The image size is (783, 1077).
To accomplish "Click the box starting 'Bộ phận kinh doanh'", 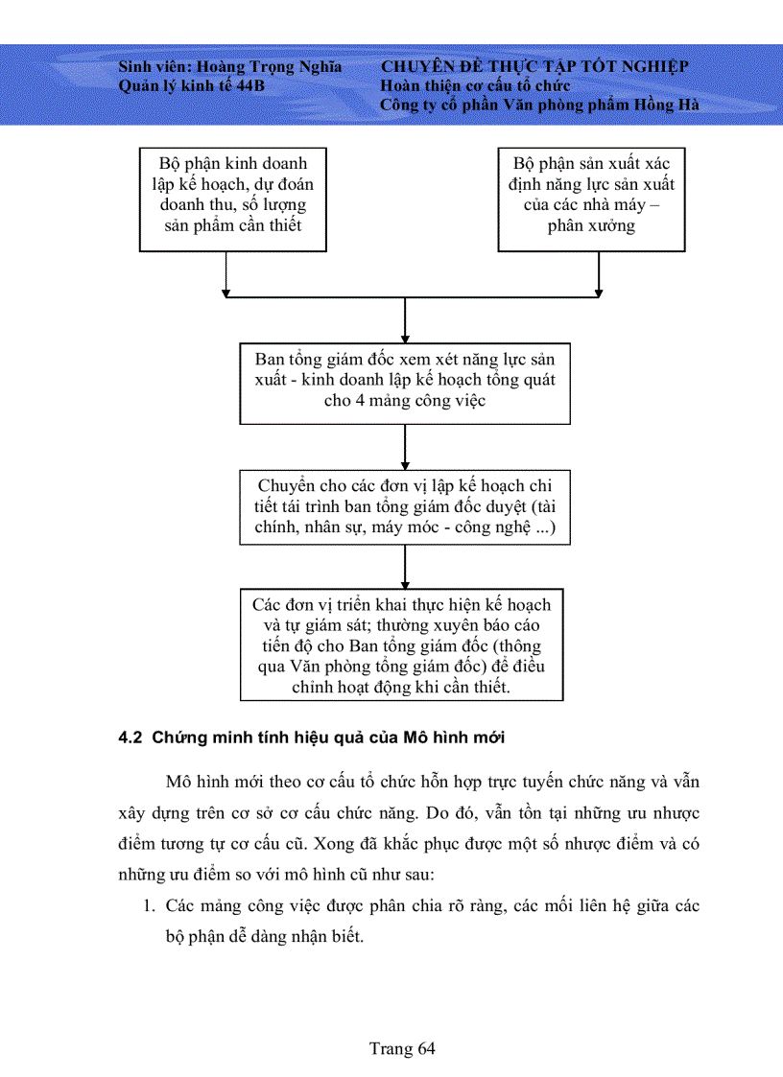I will [233, 199].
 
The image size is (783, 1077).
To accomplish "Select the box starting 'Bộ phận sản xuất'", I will [591, 199].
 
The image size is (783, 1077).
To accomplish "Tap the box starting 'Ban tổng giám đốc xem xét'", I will [405, 382].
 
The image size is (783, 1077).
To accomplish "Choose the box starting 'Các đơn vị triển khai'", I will [401, 646].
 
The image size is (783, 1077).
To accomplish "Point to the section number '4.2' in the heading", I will [130, 738].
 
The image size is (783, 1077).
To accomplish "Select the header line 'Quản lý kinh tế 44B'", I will [191, 85].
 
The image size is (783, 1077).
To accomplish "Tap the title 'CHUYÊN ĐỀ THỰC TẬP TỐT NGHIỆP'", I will [534, 67].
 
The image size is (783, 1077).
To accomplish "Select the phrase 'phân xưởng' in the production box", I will [591, 226].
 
